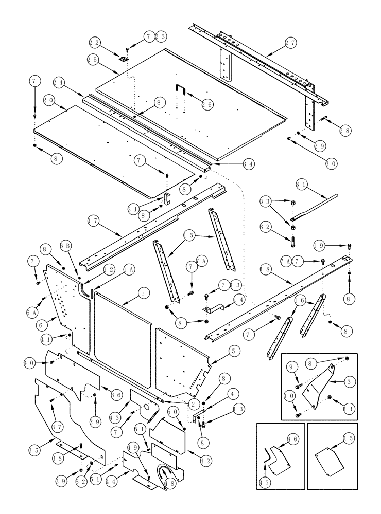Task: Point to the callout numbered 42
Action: click(x=205, y=461)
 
